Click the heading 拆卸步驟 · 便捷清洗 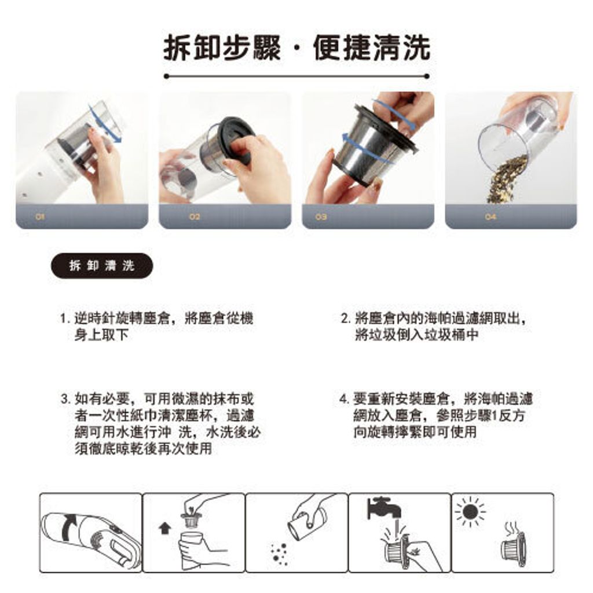tap(297, 48)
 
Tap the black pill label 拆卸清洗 tap(102, 265)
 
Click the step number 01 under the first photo tap(40, 217)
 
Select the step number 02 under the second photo tap(195, 217)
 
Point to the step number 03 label tap(321, 217)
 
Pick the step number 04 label tap(490, 217)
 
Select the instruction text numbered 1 tap(156, 327)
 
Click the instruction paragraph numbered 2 tap(433, 327)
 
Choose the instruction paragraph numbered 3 tap(161, 423)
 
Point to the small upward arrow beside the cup tap(164, 528)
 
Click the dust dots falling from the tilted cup tap(279, 554)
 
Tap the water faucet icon tap(383, 508)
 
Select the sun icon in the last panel tap(470, 513)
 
